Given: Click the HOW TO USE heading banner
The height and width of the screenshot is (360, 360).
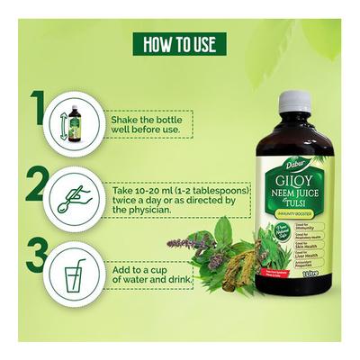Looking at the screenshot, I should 180,44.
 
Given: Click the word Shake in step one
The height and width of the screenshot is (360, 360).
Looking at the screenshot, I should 128,117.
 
